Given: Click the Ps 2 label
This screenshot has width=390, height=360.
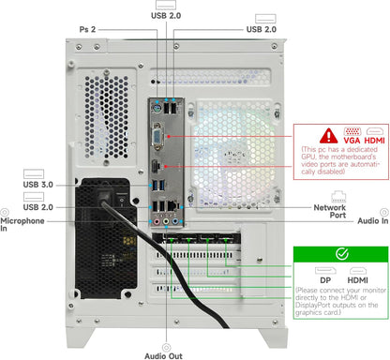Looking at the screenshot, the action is click(x=87, y=30).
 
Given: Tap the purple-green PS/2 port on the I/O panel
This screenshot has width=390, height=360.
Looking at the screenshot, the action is click(x=157, y=109).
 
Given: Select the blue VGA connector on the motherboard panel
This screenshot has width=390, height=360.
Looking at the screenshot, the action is click(x=157, y=137).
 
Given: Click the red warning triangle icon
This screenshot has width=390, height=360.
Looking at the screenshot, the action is click(x=328, y=136).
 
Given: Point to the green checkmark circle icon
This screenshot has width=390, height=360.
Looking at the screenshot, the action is click(x=342, y=254).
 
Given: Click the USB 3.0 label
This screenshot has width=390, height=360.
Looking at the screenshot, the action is click(x=38, y=185).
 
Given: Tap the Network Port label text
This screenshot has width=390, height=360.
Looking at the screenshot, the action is click(x=330, y=211).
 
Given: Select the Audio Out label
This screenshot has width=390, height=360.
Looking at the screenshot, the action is click(x=163, y=356).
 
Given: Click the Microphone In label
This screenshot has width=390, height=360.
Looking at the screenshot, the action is click(x=22, y=224).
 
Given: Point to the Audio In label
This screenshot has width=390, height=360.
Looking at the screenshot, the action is click(x=373, y=221).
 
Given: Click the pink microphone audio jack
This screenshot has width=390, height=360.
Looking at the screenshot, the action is click(x=157, y=221).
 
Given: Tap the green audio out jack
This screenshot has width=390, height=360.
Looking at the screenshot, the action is click(x=166, y=221).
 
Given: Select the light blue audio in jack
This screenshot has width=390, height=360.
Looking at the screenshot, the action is click(x=175, y=221).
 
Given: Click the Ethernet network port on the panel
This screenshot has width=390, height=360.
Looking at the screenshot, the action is click(x=172, y=205).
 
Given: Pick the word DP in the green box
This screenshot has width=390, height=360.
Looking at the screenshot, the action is click(x=325, y=280).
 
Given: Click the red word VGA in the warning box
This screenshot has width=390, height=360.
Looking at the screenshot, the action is click(x=352, y=141).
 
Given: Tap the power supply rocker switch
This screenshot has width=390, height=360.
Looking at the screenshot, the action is click(x=122, y=200).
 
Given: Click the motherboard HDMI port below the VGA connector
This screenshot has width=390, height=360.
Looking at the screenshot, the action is click(x=156, y=166).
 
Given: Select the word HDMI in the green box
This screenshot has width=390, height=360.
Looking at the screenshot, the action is click(x=357, y=280).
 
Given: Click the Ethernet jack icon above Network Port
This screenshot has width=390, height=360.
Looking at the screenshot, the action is click(x=338, y=196).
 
